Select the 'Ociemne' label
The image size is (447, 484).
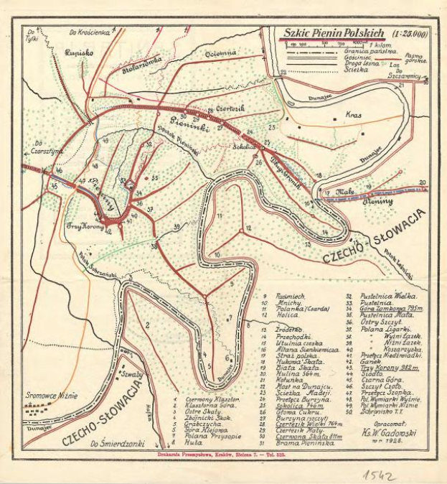pyautogui.click(x=220, y=53)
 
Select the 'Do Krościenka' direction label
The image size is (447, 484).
pyautogui.click(x=91, y=32)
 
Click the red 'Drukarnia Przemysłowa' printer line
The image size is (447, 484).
pyautogui.click(x=224, y=455)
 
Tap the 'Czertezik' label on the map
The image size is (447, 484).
pyautogui.click(x=232, y=107)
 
